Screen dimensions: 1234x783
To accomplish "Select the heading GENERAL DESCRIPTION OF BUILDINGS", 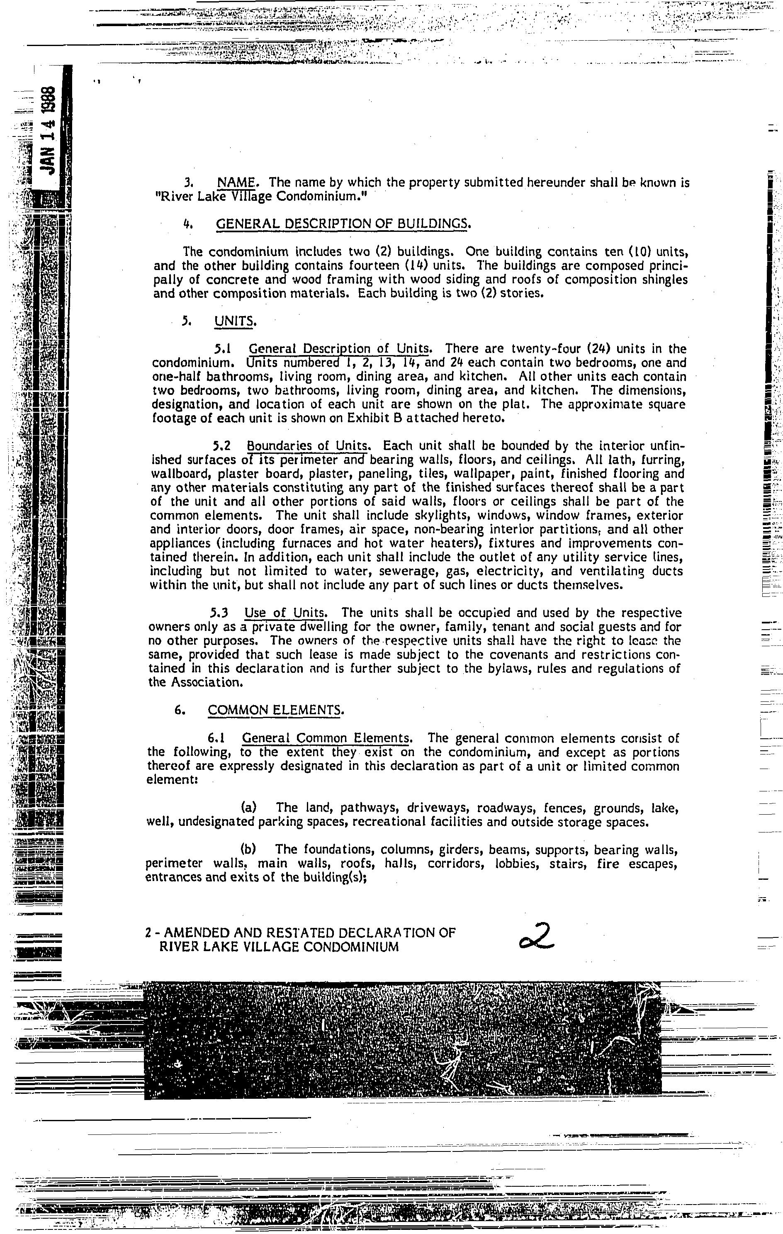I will click(x=342, y=224).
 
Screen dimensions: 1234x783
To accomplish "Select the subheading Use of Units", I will click(x=285, y=613).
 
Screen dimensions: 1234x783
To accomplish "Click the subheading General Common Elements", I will click(x=326, y=738).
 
